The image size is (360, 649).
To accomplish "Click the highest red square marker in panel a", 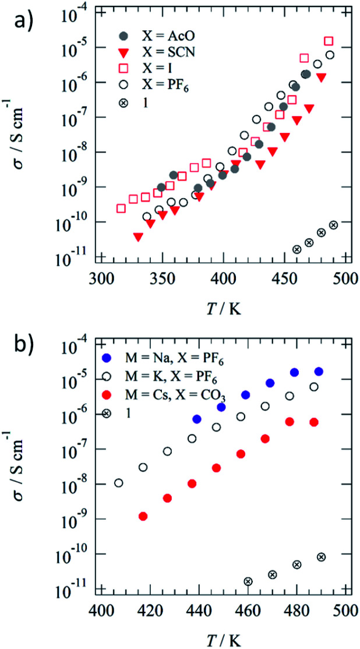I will pos(329,41).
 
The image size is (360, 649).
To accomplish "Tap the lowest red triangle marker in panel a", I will pos(138,237).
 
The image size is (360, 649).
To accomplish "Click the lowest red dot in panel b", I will pos(143,516).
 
